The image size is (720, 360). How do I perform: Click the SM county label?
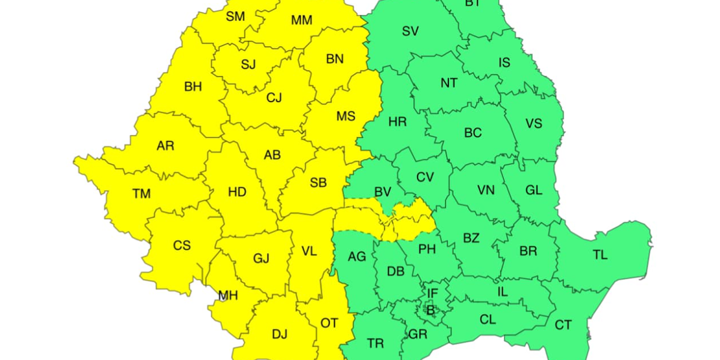pos(236,16)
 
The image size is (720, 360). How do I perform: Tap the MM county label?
pos(301,20)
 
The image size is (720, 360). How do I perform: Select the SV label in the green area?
pos(410,31)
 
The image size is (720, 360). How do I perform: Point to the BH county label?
pos(193,87)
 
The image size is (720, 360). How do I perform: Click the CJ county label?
pos(274,98)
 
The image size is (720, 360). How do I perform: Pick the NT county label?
pos(448,83)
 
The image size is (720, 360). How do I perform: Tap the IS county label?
pos(505,63)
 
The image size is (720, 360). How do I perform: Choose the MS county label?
pos(346,116)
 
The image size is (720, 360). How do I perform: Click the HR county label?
pos(398,122)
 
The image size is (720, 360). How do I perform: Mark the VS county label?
pos(534,123)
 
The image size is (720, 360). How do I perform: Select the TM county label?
pos(141,194)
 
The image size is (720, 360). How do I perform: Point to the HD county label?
pos(237,192)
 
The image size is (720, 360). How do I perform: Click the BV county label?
pos(383,192)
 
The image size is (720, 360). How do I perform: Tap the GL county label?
pos(534,190)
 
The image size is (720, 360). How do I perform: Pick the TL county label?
pos(600,255)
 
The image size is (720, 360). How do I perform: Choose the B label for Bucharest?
pos(430,310)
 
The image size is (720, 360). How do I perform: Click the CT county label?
pos(563,325)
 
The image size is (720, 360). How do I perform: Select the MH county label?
pos(228,296)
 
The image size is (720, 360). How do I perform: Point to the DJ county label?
pos(279,335)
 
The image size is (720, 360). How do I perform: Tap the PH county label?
pos(427,249)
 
